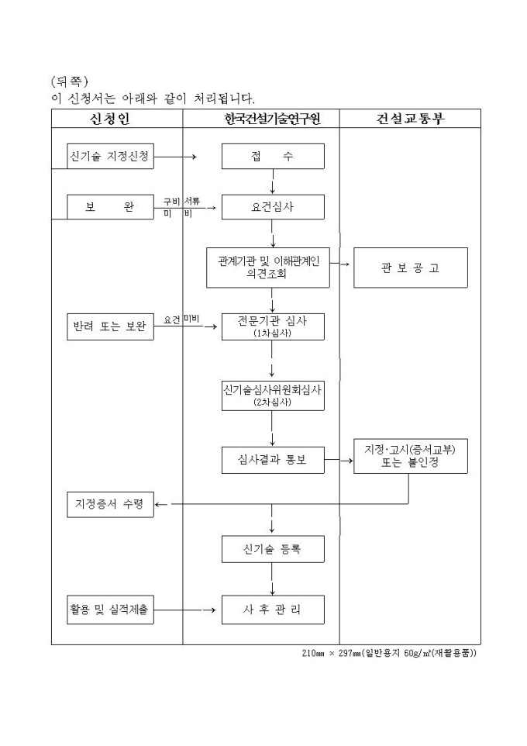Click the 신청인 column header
pyautogui.click(x=116, y=119)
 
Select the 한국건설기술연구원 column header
pyautogui.click(x=271, y=119)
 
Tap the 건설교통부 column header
pyautogui.click(x=411, y=119)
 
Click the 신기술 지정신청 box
pyautogui.click(x=109, y=156)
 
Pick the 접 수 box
pyautogui.click(x=272, y=157)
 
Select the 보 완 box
pyautogui.click(x=109, y=207)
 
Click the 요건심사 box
pyautogui.click(x=272, y=207)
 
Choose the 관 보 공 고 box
pyautogui.click(x=411, y=268)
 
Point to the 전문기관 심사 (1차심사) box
pyautogui.click(x=272, y=327)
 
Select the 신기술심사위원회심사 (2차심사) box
pyautogui.click(x=272, y=395)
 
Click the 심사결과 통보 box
pyautogui.click(x=272, y=460)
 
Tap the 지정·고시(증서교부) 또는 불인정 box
pyautogui.click(x=411, y=456)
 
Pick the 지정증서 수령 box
pyautogui.click(x=109, y=504)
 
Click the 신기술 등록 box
pyautogui.click(x=272, y=549)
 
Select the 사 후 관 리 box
pyautogui.click(x=272, y=610)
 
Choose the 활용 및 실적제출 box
pyautogui.click(x=109, y=610)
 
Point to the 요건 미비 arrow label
pyautogui.click(x=182, y=319)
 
